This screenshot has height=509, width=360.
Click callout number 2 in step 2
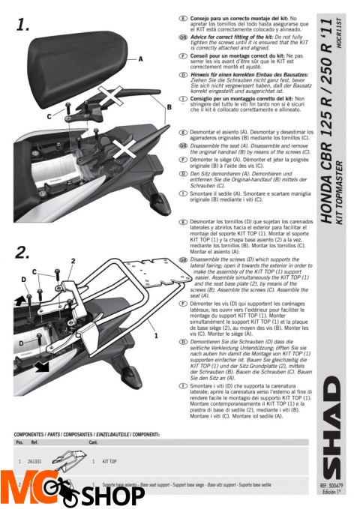(x=73, y=260)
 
